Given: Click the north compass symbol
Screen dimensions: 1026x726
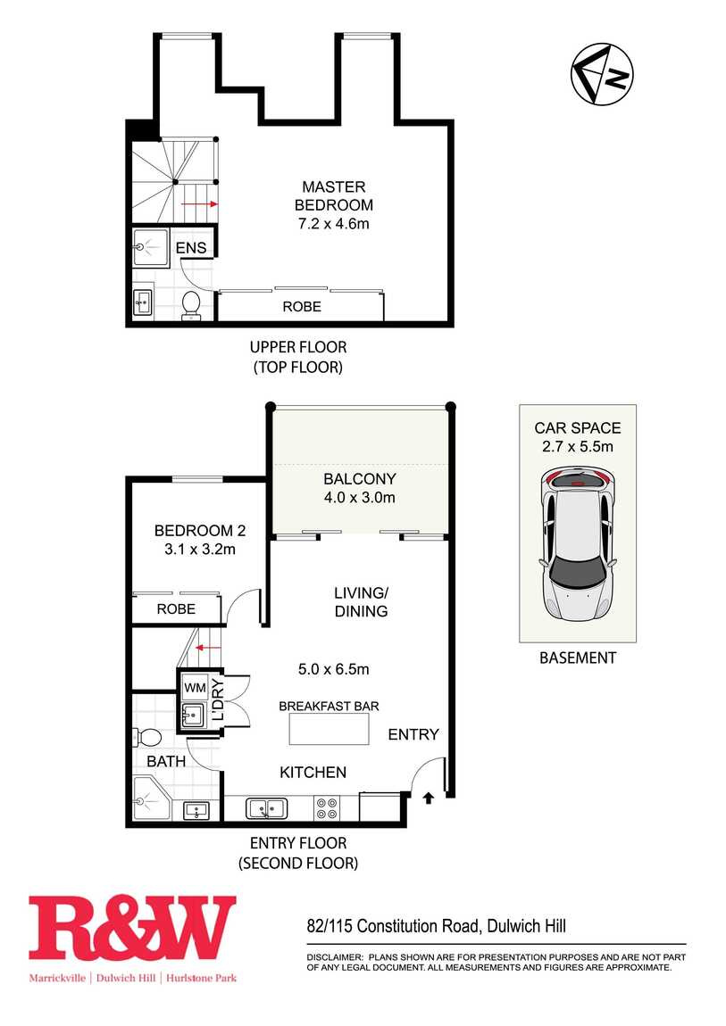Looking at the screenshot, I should (x=602, y=74).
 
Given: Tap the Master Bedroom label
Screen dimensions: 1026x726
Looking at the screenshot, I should (x=333, y=196).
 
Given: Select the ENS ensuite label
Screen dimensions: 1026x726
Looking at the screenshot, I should (x=190, y=247).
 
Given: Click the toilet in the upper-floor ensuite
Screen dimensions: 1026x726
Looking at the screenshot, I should (x=190, y=303).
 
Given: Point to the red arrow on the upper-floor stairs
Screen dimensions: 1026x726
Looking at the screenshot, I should (x=200, y=204).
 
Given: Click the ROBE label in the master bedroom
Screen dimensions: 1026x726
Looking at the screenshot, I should (x=302, y=306).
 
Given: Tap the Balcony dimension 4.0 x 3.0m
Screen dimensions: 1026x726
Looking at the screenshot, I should (x=359, y=498).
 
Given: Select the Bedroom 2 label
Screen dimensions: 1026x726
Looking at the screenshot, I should (x=199, y=529).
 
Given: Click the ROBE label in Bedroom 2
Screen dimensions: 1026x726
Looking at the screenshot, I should (x=176, y=609).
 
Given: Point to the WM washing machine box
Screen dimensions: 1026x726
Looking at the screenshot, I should (x=195, y=687).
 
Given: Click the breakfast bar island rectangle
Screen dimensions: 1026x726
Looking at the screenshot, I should (x=329, y=730).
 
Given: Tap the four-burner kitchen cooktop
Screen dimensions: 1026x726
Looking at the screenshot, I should (x=326, y=808).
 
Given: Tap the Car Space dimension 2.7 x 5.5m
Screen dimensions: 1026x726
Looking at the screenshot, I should (x=578, y=447).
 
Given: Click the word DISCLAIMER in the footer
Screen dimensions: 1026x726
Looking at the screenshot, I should (x=330, y=956).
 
